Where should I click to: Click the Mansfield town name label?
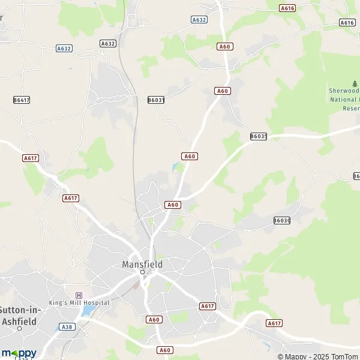142,263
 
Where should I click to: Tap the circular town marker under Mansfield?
142,272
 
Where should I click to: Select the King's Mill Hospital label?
79,302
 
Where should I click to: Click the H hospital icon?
79,295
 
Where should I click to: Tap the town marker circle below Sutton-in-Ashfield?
20,329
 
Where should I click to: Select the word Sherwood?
344,91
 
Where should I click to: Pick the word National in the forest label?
343,100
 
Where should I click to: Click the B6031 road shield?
156,100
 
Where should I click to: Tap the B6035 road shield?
259,137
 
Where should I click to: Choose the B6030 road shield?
281,221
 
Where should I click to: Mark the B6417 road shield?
22,100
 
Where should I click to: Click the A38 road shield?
66,327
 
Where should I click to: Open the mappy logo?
19,353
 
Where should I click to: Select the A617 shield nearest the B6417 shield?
30,158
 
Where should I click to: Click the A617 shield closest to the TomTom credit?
274,323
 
